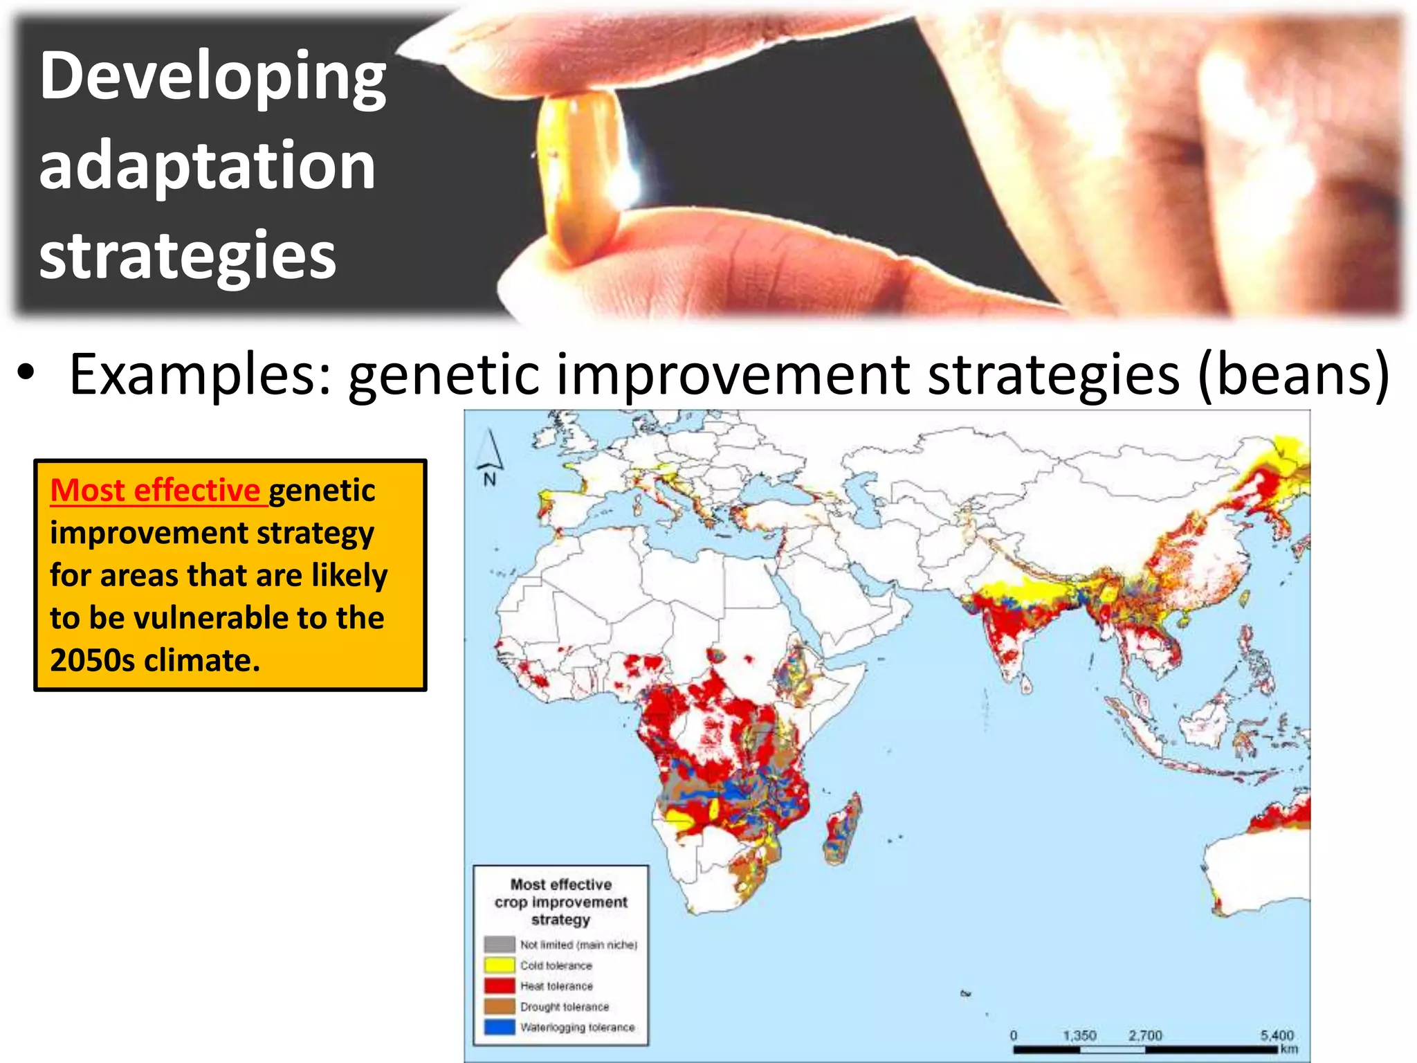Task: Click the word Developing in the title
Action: point(212,78)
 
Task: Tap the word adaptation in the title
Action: point(207,166)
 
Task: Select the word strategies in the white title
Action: point(188,255)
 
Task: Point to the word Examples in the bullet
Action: point(201,374)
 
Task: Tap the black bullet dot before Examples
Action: point(26,373)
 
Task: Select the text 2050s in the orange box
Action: point(92,660)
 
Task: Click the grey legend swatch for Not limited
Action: point(499,945)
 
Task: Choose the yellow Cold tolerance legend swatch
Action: point(499,965)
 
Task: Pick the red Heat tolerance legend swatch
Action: point(499,986)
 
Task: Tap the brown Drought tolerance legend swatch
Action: point(499,1007)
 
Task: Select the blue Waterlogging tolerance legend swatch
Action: point(499,1028)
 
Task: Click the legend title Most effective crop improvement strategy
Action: point(560,902)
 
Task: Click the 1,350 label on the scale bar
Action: point(1079,1035)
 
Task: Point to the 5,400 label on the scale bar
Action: point(1277,1035)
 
